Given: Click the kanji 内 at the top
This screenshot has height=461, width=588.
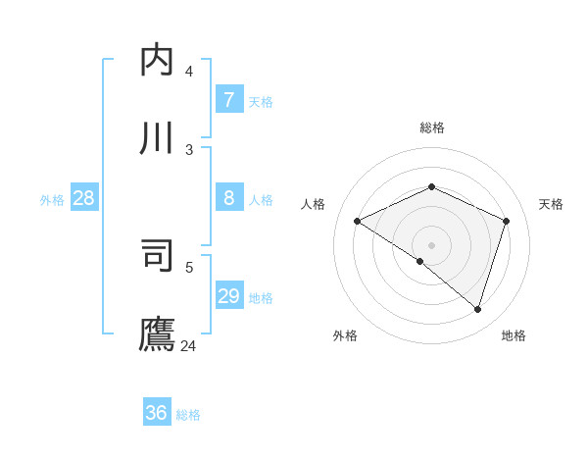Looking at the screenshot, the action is click(158, 61).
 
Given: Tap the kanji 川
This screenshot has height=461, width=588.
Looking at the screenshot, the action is click(158, 138).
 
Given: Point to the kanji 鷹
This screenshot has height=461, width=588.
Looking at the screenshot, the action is click(158, 333).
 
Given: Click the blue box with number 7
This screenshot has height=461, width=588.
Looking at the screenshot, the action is click(228, 99).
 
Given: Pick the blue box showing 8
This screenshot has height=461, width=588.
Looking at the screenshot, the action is click(228, 197).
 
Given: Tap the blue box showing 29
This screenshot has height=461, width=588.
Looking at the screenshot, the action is click(228, 295).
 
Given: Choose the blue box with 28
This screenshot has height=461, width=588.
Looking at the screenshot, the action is click(84, 197).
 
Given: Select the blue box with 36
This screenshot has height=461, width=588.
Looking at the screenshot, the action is click(156, 413).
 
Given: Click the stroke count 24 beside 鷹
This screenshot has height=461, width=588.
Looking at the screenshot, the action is click(189, 345).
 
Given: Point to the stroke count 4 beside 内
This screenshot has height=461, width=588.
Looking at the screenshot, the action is click(189, 71).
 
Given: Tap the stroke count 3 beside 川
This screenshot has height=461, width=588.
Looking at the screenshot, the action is click(189, 149).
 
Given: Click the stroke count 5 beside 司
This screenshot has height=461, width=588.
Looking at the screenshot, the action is click(189, 266).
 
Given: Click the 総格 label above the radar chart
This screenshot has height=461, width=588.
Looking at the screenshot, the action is click(432, 128).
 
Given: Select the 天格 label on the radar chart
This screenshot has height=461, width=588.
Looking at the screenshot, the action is click(551, 204).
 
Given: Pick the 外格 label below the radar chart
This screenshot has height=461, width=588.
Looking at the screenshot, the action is click(345, 335).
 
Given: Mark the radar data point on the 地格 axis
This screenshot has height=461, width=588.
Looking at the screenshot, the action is click(478, 310).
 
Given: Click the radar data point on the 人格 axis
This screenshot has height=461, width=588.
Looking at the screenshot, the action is click(358, 222).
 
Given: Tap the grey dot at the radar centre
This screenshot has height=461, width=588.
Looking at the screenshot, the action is click(432, 244).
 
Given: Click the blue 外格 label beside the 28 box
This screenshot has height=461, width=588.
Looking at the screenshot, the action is click(52, 199).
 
